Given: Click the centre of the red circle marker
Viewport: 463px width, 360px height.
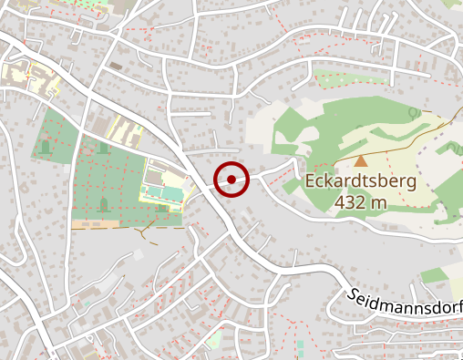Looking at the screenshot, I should pyautogui.click(x=232, y=179).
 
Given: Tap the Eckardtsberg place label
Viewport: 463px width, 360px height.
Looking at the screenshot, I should pyautogui.click(x=361, y=181).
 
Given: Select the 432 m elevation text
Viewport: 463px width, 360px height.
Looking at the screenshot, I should pyautogui.click(x=361, y=202).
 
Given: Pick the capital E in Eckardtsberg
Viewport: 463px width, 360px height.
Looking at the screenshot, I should pyautogui.click(x=312, y=181).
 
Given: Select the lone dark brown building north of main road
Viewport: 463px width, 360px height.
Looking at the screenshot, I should pyautogui.click(x=116, y=66).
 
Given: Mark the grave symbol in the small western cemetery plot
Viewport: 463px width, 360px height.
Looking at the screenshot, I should pyautogui.click(x=46, y=145).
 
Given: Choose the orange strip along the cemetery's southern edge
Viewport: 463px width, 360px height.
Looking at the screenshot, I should pyautogui.click(x=95, y=223).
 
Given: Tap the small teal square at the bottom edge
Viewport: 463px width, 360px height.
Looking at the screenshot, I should pyautogui.click(x=300, y=345).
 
